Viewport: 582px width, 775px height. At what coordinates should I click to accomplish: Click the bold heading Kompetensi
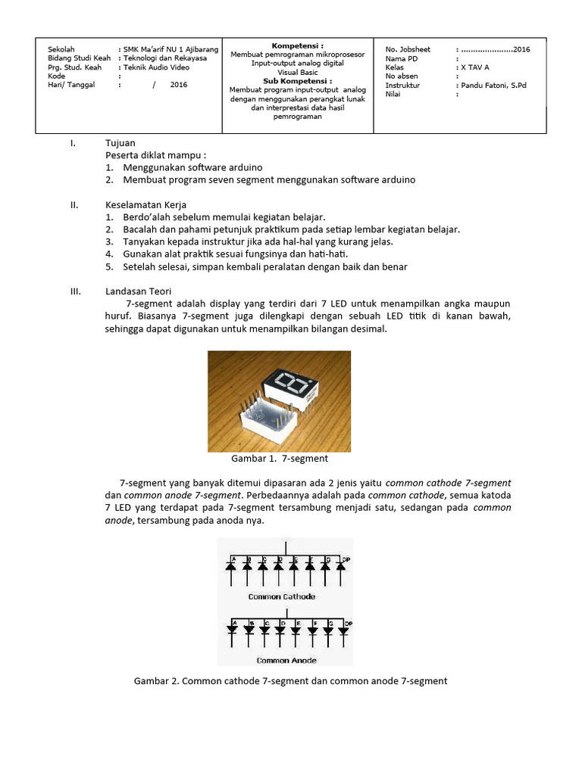[x=297, y=46]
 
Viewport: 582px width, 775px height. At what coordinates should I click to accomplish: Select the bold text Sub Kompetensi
[x=297, y=80]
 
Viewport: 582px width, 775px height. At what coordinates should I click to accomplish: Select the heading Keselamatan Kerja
[x=145, y=205]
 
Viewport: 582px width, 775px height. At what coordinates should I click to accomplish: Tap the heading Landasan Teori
[x=138, y=291]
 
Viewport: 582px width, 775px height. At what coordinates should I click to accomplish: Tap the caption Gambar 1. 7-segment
[x=279, y=459]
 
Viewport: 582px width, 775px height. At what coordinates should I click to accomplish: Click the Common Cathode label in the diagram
[x=281, y=597]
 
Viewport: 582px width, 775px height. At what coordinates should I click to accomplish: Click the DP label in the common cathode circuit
[x=346, y=560]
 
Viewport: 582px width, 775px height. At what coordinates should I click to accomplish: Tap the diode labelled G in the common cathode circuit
[x=326, y=565]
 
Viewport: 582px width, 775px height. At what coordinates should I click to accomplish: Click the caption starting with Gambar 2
[x=291, y=681]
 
